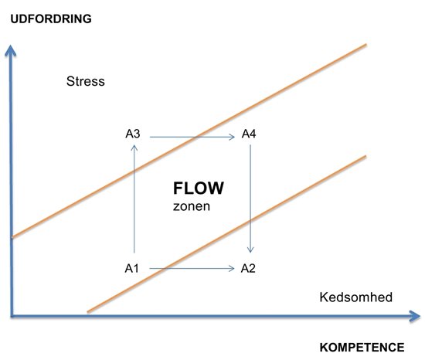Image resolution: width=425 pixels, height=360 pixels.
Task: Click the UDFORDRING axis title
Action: [51, 19]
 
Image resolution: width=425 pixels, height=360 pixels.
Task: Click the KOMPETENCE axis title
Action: [362, 348]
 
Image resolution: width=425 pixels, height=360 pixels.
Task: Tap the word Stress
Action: [85, 81]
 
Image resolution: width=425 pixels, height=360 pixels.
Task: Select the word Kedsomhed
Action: [356, 297]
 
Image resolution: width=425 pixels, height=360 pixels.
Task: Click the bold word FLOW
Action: [199, 188]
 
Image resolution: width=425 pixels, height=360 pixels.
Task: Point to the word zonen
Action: [192, 206]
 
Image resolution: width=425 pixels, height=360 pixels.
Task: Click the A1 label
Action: [131, 268]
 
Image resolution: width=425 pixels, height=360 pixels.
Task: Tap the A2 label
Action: [248, 268]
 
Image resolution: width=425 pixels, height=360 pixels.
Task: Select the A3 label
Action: [133, 134]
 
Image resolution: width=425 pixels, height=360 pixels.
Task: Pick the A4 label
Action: [249, 134]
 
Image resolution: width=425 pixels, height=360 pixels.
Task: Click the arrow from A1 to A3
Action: [134, 199]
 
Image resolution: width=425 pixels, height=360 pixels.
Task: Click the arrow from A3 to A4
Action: [192, 137]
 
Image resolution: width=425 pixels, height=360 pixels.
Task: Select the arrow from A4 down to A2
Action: [250, 199]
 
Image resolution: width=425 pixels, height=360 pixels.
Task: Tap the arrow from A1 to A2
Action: [192, 268]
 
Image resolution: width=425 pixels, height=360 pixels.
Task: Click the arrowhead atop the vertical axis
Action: [11, 51]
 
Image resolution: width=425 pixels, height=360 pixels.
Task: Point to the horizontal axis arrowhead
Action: [415, 316]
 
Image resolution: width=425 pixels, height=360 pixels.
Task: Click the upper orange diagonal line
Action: [189, 141]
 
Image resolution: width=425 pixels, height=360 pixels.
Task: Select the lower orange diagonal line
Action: [226, 234]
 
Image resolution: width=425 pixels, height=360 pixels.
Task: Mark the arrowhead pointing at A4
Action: [232, 137]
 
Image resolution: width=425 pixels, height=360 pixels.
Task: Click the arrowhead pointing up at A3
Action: [134, 148]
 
